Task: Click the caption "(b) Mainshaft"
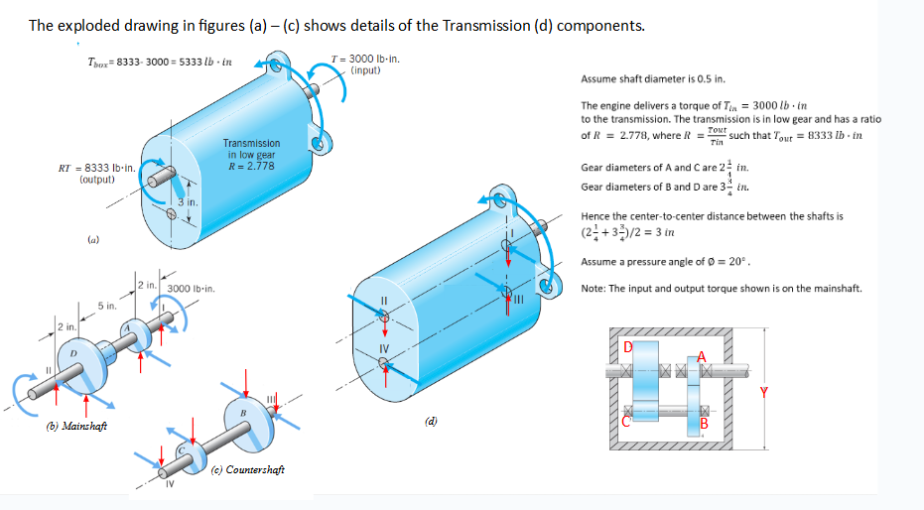77,426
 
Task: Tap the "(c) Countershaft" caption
248,469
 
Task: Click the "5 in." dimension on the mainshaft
106,306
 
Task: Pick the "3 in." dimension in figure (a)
188,202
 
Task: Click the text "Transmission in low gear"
251,149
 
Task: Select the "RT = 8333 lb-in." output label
97,169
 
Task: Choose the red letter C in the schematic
625,421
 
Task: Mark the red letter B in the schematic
706,427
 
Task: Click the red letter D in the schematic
626,346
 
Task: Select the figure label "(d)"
432,420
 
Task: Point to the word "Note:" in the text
594,289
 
